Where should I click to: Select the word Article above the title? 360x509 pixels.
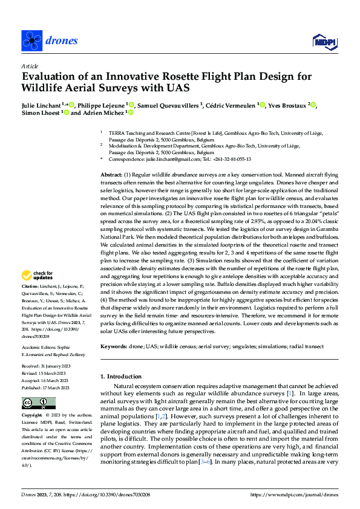point(29,66)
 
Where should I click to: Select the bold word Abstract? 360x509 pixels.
point(113,174)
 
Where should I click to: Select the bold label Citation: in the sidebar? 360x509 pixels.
point(30,285)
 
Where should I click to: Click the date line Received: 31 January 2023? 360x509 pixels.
point(47,366)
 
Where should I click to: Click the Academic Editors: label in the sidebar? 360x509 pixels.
point(38,349)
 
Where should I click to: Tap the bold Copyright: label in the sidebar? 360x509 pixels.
point(32,416)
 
